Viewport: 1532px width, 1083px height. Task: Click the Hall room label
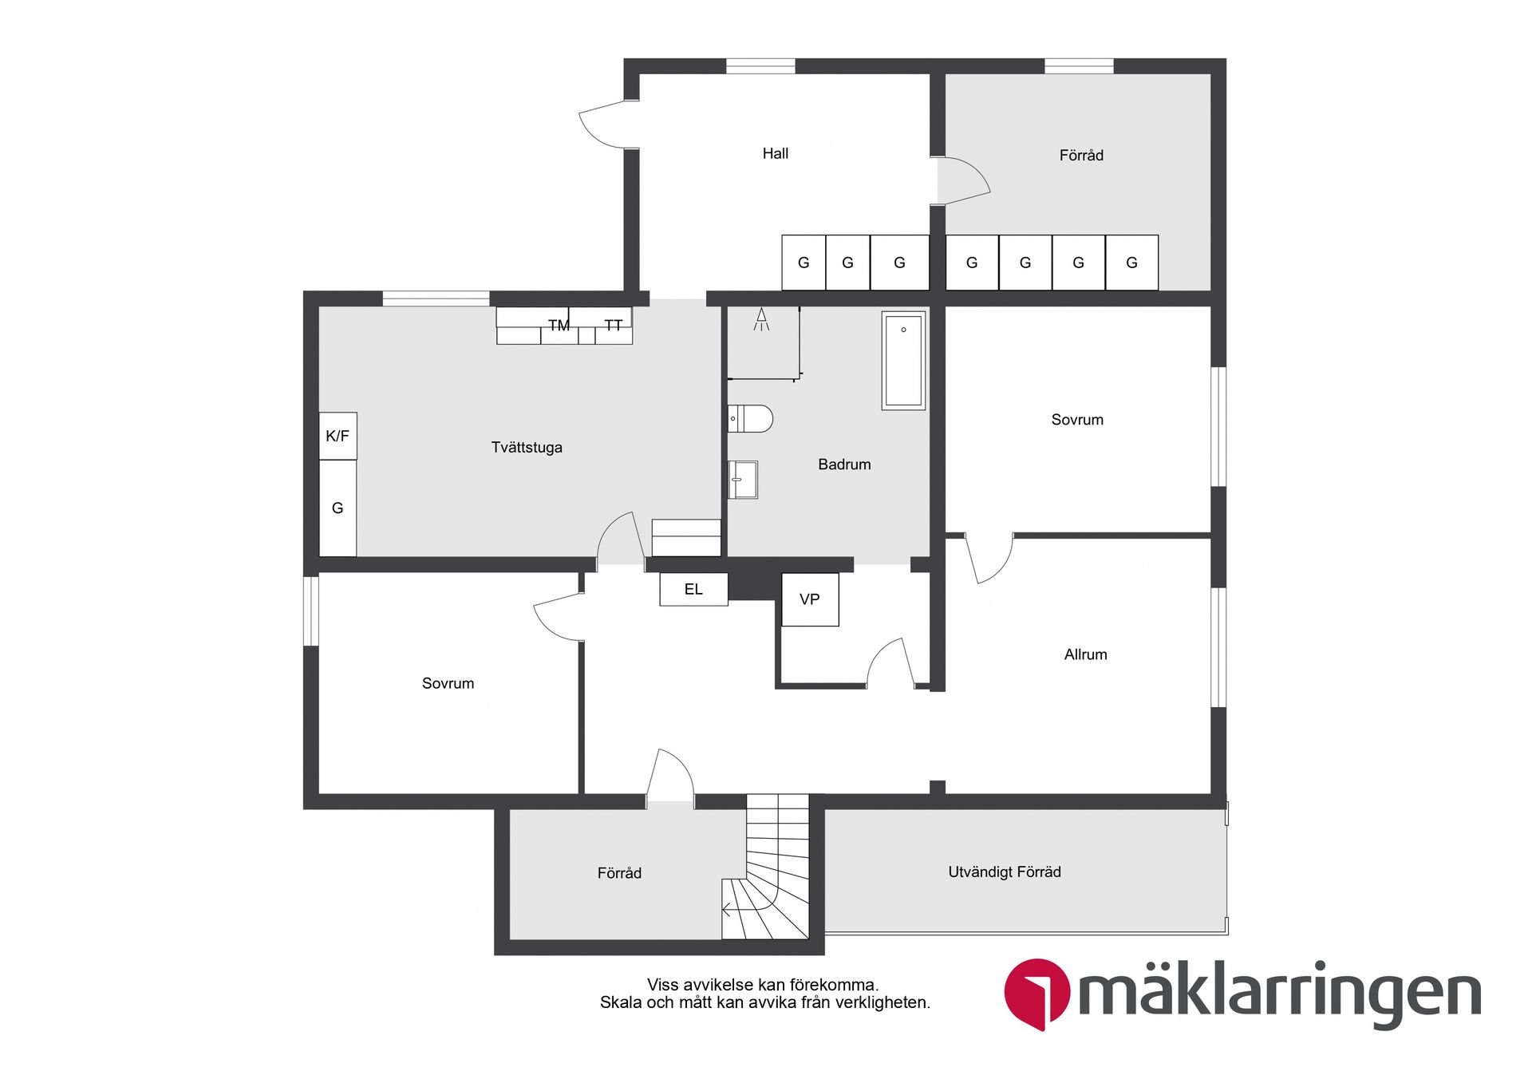tap(775, 153)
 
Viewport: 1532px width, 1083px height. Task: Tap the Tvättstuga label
tap(527, 447)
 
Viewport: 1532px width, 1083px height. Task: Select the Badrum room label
tap(844, 464)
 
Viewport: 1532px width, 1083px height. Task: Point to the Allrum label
tap(1085, 654)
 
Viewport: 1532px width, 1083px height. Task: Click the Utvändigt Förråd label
tap(1005, 872)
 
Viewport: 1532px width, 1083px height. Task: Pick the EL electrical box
tap(693, 589)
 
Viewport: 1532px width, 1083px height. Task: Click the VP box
tap(810, 599)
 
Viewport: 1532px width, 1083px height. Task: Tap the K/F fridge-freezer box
tap(338, 436)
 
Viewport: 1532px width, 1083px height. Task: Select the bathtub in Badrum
tap(903, 361)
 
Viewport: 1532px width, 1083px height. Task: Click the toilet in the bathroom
tap(750, 419)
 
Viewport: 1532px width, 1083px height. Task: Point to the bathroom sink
tap(743, 480)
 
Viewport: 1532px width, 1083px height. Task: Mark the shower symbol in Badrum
tap(761, 319)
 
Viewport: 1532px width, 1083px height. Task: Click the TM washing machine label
tap(559, 325)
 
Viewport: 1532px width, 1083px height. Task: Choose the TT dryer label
tap(613, 325)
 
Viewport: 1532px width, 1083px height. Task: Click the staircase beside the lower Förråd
tap(766, 867)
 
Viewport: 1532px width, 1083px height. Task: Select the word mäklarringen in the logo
tap(1279, 994)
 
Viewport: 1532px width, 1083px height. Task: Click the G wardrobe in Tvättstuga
tap(338, 508)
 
